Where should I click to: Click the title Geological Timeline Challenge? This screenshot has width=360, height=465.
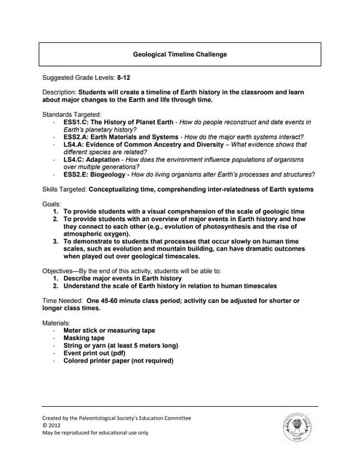click(x=180, y=54)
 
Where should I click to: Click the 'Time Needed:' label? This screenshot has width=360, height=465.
click(x=63, y=300)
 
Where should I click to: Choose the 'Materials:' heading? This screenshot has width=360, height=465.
click(x=57, y=322)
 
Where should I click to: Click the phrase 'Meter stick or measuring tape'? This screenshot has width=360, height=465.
click(x=109, y=330)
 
